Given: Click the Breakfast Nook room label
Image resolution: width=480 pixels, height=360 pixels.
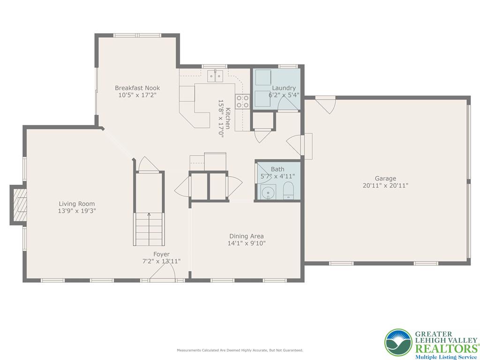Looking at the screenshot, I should (137, 88).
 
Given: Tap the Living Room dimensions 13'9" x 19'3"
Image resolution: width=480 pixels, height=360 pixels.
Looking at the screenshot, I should (77, 211).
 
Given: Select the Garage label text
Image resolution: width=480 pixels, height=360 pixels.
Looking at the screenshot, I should (385, 178).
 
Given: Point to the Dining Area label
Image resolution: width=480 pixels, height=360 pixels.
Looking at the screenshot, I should (246, 236).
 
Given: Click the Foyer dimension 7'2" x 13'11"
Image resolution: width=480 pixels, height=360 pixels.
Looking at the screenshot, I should (161, 261).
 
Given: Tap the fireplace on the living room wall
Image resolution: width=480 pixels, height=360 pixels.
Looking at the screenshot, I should (19, 205).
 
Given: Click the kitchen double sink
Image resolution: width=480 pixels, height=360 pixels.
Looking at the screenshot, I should (215, 75).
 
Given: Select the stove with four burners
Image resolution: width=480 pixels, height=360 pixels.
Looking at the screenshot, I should (242, 102).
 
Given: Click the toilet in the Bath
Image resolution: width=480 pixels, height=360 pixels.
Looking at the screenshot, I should (288, 191).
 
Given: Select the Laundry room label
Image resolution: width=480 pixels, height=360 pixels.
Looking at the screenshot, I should (284, 88).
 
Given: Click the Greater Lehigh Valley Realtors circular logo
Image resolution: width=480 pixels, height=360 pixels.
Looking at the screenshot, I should (398, 343).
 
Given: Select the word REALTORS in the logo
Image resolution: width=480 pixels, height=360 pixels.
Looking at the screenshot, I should (445, 348).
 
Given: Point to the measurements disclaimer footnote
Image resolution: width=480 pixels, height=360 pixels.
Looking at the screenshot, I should (240, 350).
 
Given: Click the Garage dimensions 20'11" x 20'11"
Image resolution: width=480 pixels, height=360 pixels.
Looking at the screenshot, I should (385, 185).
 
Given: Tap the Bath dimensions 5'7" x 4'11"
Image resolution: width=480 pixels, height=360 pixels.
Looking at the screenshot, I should (277, 176).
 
